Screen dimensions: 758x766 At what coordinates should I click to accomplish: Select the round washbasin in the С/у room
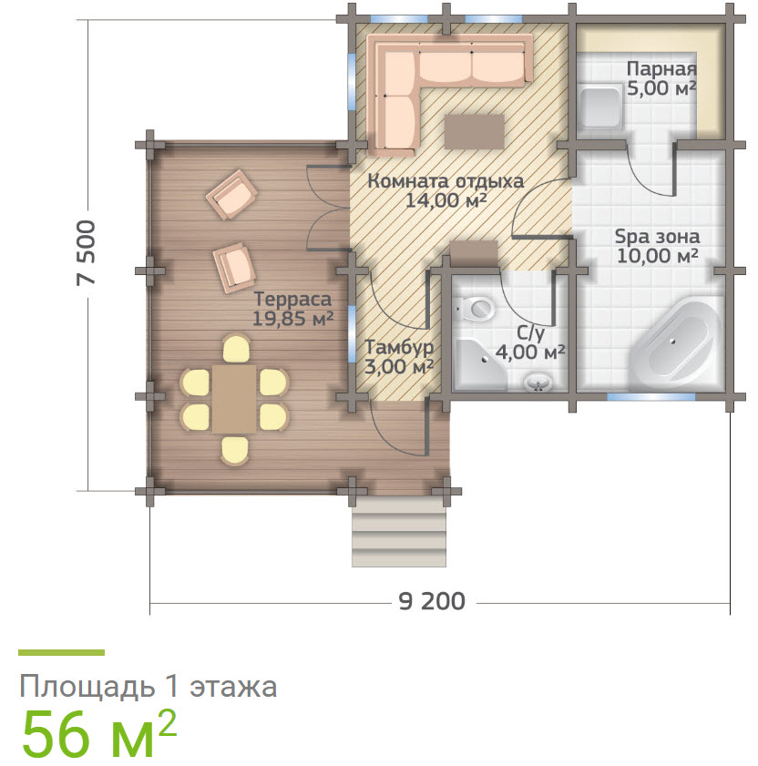538,382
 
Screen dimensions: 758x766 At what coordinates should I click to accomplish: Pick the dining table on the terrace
234,399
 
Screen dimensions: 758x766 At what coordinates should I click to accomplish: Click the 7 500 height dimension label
86,252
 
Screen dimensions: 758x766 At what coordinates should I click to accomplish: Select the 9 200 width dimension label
432,601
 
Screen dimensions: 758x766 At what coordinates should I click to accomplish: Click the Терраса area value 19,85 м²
292,319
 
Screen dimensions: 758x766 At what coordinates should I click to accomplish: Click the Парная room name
661,69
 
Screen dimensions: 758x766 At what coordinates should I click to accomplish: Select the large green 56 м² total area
98,733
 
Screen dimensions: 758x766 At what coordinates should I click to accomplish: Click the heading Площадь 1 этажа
149,687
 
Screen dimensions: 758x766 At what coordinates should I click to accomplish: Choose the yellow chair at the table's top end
236,348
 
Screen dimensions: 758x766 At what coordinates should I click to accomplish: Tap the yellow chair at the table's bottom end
234,451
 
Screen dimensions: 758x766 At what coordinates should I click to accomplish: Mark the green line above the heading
62,652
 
